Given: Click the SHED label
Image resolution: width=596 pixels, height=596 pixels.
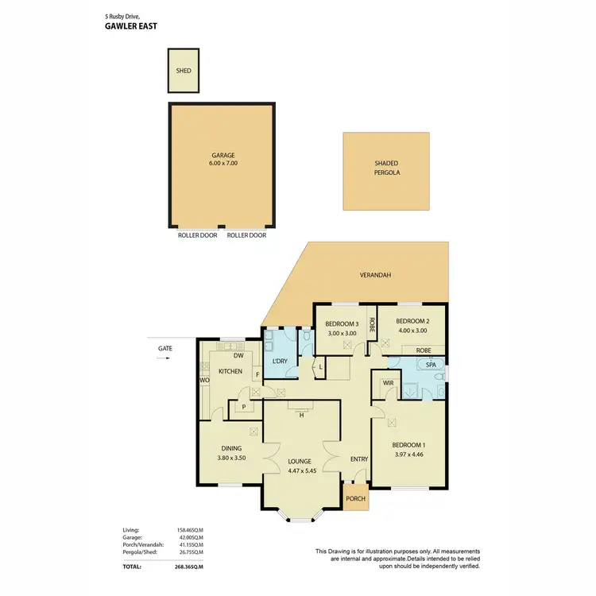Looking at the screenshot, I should [x=184, y=70].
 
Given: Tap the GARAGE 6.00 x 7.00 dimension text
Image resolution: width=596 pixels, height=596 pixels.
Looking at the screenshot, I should [x=224, y=163].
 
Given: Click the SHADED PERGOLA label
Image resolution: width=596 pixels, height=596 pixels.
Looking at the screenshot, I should [x=387, y=167].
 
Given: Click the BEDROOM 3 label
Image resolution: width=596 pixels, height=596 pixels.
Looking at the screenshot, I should [x=342, y=323].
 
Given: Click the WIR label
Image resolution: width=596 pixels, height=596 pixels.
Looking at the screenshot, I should [x=389, y=382].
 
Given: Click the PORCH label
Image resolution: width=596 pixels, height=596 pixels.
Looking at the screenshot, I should [x=356, y=499].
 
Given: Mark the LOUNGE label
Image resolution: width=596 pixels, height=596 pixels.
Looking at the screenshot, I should [x=300, y=461].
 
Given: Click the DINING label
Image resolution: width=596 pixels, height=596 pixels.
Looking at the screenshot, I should [x=231, y=448].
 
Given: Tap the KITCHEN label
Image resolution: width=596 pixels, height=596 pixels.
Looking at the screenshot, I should [x=230, y=371].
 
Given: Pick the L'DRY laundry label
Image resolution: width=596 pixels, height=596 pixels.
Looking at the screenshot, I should [x=280, y=362].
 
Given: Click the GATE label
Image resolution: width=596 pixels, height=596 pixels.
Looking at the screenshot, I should [x=164, y=348].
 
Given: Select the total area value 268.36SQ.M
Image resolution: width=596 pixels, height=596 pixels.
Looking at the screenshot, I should [x=189, y=567].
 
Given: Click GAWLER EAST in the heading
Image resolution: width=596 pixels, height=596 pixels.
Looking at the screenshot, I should [x=132, y=25].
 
